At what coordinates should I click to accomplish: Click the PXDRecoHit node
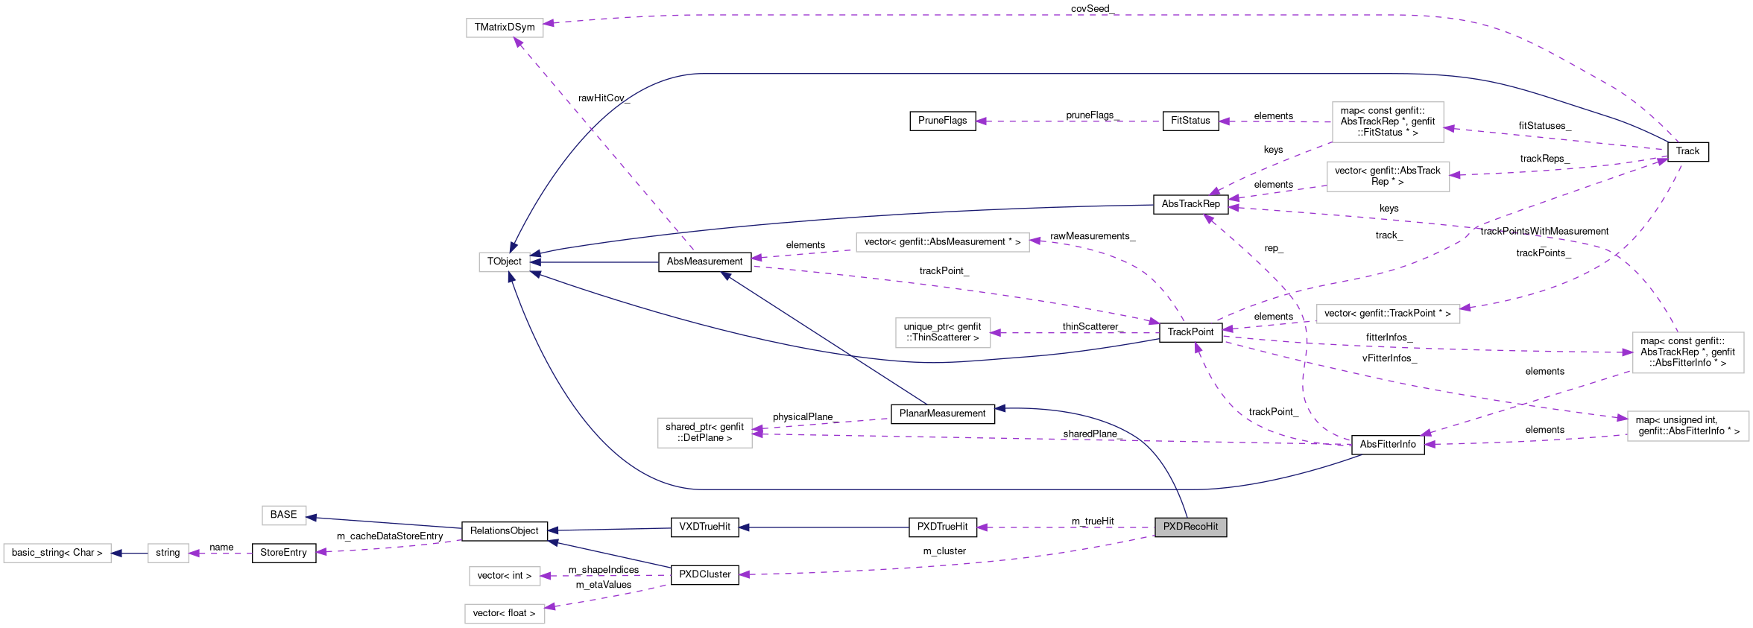[1190, 527]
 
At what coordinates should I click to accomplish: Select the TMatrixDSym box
[505, 28]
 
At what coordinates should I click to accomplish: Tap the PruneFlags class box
[943, 121]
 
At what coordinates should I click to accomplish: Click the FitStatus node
[1190, 121]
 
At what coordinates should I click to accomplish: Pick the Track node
[1687, 151]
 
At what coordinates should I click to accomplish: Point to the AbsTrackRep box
[1190, 204]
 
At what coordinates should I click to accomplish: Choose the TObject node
[505, 261]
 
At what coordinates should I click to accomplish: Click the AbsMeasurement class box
[704, 261]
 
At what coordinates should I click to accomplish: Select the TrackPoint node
[1190, 332]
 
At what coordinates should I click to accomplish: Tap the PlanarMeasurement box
[942, 413]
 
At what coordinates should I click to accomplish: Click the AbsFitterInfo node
[1388, 445]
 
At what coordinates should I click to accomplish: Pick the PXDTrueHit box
[943, 527]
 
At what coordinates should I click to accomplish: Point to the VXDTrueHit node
[705, 527]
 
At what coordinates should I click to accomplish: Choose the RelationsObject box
[505, 531]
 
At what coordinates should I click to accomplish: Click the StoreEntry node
[284, 553]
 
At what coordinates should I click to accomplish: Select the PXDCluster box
[705, 575]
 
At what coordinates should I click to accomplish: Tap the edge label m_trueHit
[1093, 521]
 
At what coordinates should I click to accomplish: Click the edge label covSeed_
[1093, 9]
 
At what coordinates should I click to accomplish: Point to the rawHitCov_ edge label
[604, 98]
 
